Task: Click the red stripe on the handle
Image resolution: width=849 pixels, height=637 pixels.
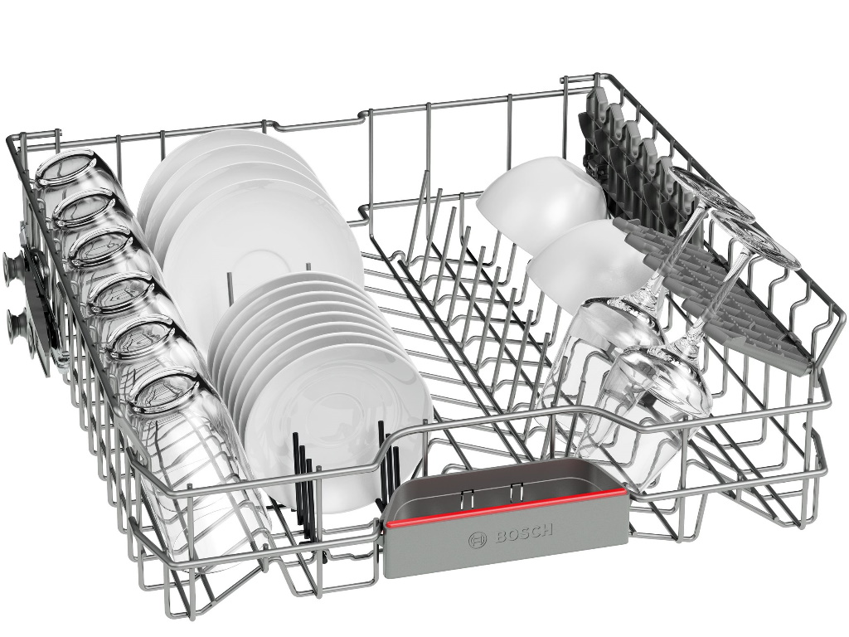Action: click(x=507, y=508)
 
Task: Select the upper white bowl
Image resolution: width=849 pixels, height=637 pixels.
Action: click(x=541, y=202)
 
